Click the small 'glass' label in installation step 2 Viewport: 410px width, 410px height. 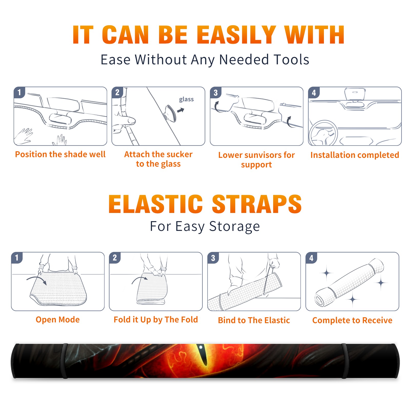click(186, 99)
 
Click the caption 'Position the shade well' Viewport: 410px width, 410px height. click(60, 154)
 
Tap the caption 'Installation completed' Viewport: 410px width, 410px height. click(355, 155)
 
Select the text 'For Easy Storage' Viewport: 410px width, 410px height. click(205, 226)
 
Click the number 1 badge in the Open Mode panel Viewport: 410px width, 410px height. click(17, 258)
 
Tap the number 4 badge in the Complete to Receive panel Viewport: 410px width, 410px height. click(311, 258)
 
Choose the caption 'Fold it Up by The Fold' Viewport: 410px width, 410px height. click(156, 320)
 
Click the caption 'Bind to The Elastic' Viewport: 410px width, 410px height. click(254, 320)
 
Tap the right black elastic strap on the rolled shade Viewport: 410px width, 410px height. click(345, 361)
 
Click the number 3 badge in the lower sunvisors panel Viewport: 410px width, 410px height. click(216, 93)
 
